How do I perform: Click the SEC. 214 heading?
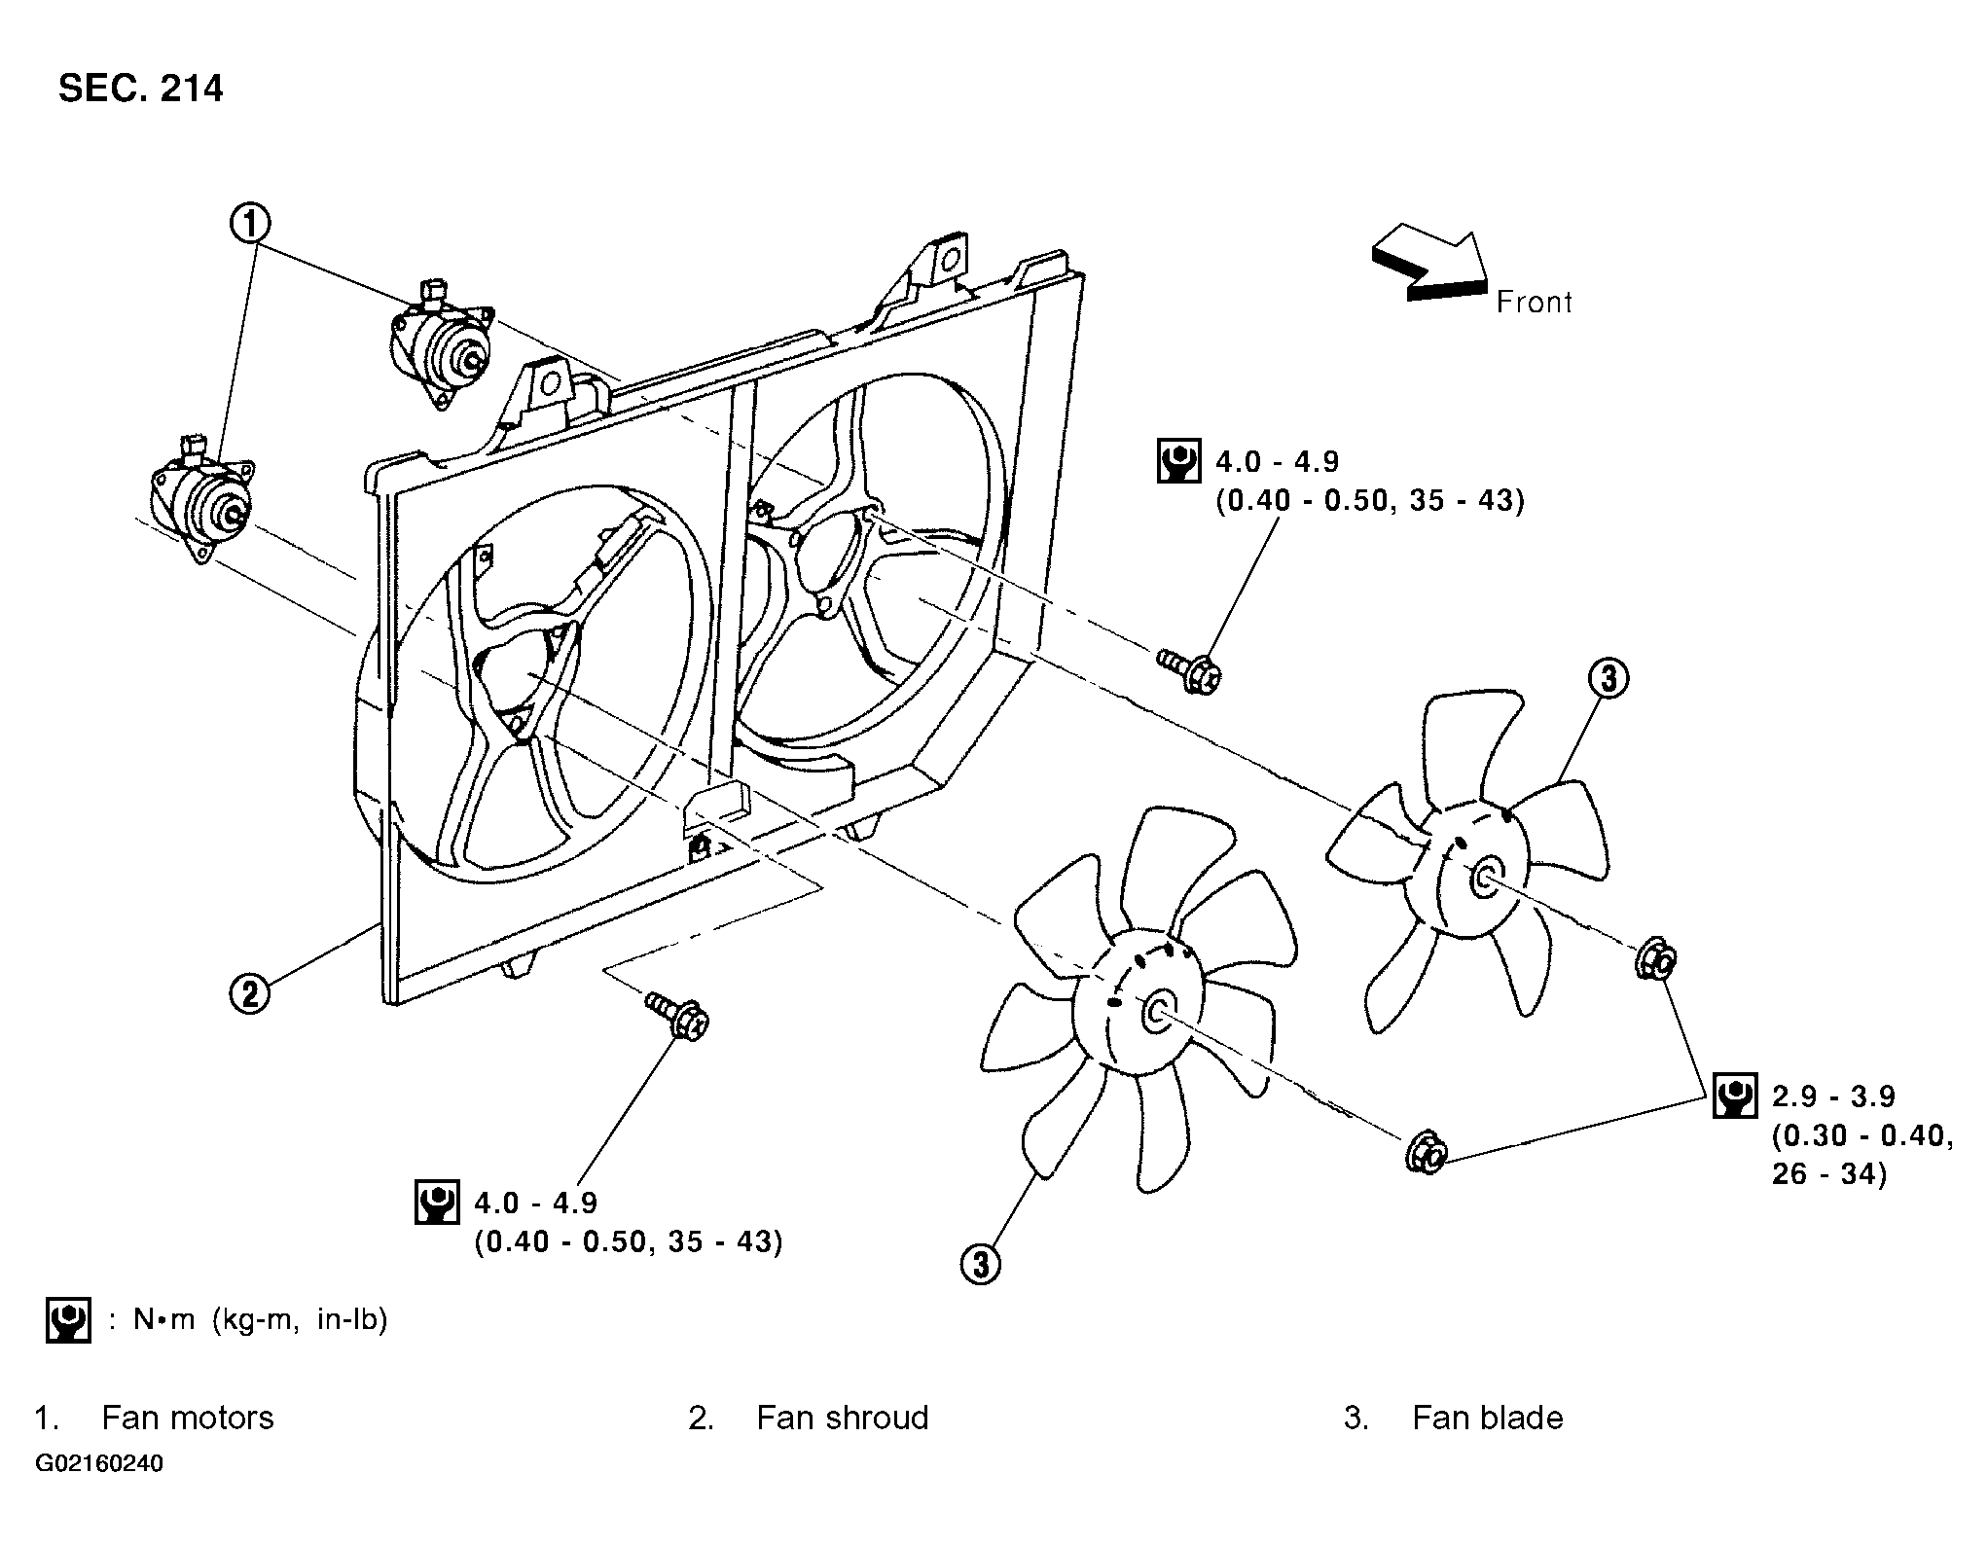[x=141, y=89]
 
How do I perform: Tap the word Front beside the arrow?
[x=1535, y=303]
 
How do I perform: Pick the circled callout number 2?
[x=250, y=994]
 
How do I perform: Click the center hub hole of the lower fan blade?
[x=1157, y=1013]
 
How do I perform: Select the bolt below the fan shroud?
[x=677, y=1014]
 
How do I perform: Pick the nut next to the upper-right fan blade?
[x=1656, y=959]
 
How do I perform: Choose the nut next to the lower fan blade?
[x=1427, y=1149]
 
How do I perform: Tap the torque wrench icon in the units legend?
[x=68, y=1320]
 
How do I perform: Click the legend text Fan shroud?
[x=843, y=1418]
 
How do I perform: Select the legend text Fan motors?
[x=188, y=1418]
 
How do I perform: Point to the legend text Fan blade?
[x=1488, y=1418]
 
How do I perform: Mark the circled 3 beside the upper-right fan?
[x=1608, y=678]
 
